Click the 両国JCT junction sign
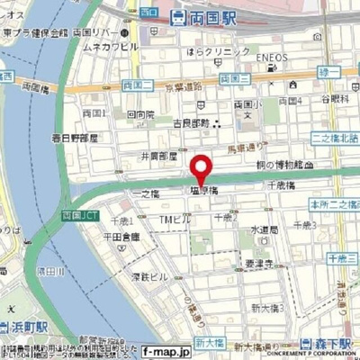click(x=73, y=217)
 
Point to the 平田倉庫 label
click(x=120, y=237)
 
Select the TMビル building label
click(x=172, y=220)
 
